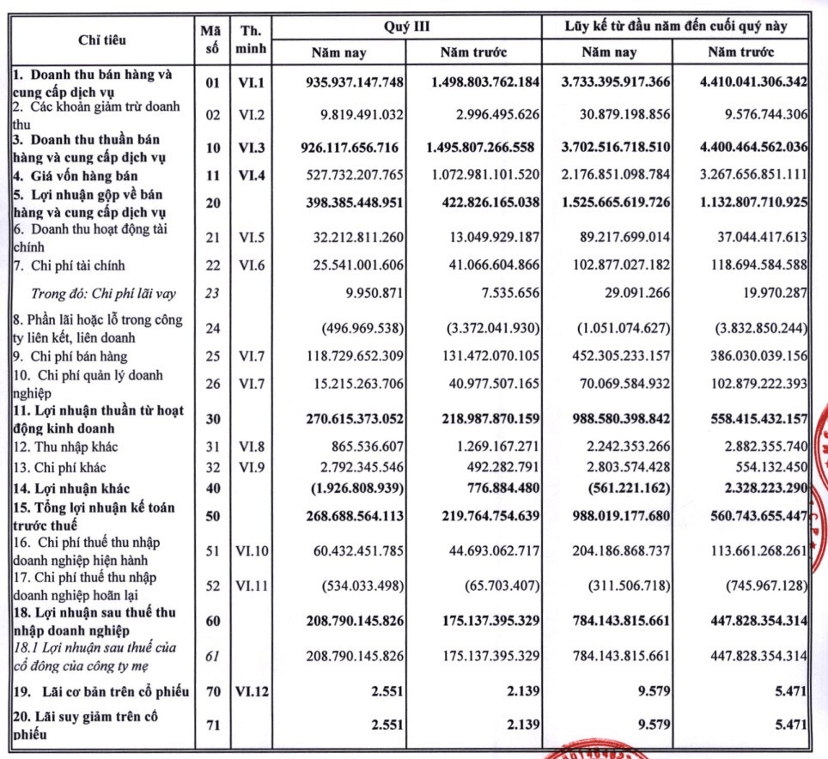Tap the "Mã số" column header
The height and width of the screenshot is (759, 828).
(x=210, y=39)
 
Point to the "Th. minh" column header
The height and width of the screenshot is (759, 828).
(x=253, y=39)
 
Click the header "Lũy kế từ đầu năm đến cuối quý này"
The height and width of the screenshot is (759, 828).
(x=676, y=26)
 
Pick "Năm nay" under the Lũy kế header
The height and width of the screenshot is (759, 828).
(x=609, y=52)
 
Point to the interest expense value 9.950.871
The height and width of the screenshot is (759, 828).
(x=373, y=293)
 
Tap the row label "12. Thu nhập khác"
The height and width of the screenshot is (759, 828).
(x=65, y=446)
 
